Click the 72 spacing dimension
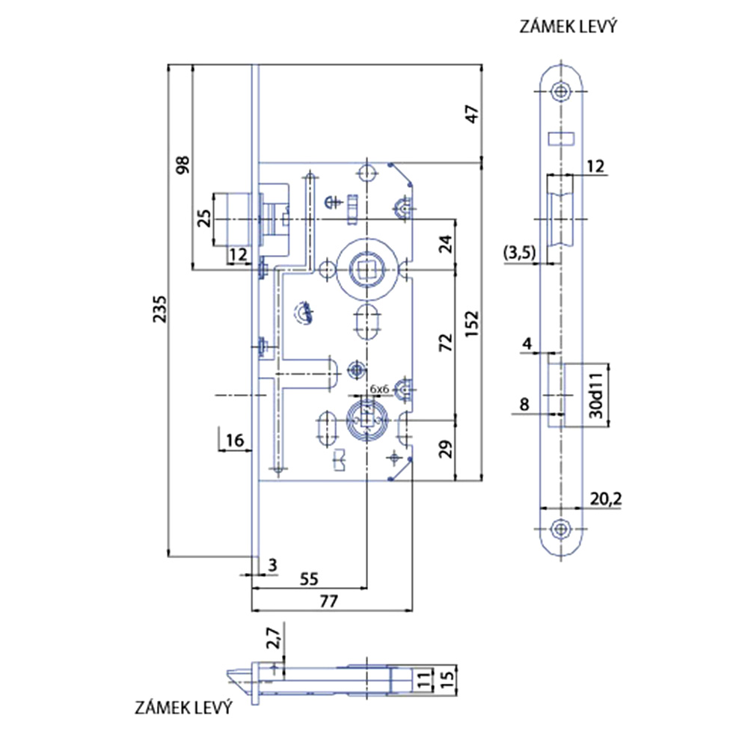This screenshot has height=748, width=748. (446, 343)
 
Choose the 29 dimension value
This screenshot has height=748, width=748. (445, 450)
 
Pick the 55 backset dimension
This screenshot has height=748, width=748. (309, 578)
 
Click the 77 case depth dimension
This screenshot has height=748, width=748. (329, 600)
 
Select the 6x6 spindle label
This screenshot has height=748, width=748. (380, 389)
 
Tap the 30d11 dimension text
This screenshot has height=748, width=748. (597, 394)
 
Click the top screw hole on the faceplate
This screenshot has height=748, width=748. (561, 92)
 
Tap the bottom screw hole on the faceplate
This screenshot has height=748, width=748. (561, 528)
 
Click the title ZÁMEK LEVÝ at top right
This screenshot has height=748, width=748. (567, 28)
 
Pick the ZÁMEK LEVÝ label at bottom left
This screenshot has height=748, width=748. (184, 707)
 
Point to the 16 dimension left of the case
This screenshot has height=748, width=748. (234, 440)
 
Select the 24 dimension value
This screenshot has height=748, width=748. (446, 244)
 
